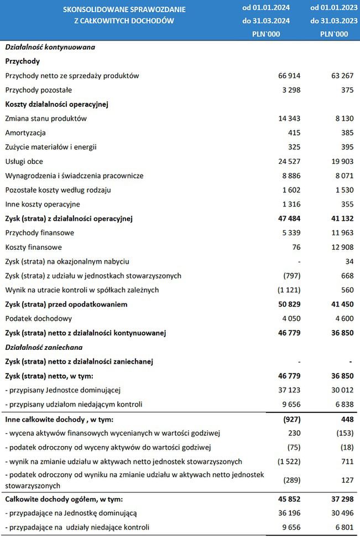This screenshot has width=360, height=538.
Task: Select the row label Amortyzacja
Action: [x=25, y=133]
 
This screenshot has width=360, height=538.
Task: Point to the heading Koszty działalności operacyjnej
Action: [x=56, y=104]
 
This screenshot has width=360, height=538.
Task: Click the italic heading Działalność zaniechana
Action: [x=44, y=348]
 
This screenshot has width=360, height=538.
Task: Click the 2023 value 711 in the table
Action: [x=347, y=461]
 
